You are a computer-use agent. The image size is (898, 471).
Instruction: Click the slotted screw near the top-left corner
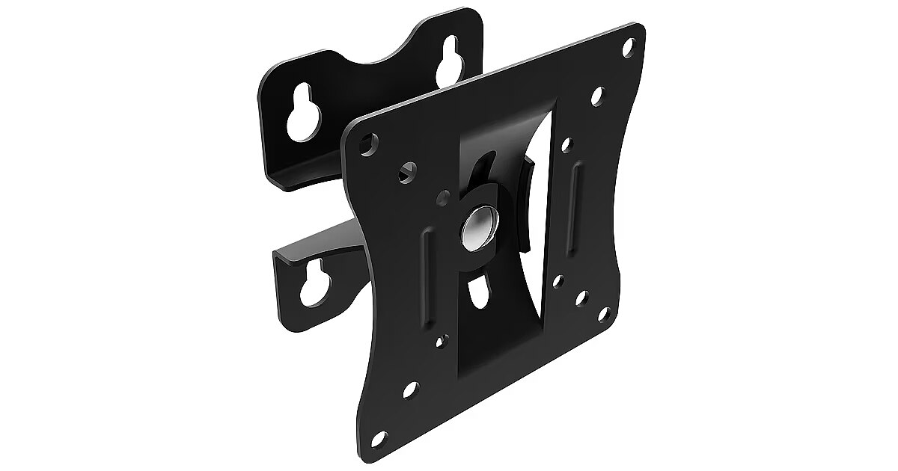point(407,170)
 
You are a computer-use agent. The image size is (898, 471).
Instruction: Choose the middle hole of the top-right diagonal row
point(597,96)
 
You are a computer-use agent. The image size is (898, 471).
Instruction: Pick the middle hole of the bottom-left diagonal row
point(410,390)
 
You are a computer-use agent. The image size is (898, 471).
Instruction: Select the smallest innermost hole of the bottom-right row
point(558,282)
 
